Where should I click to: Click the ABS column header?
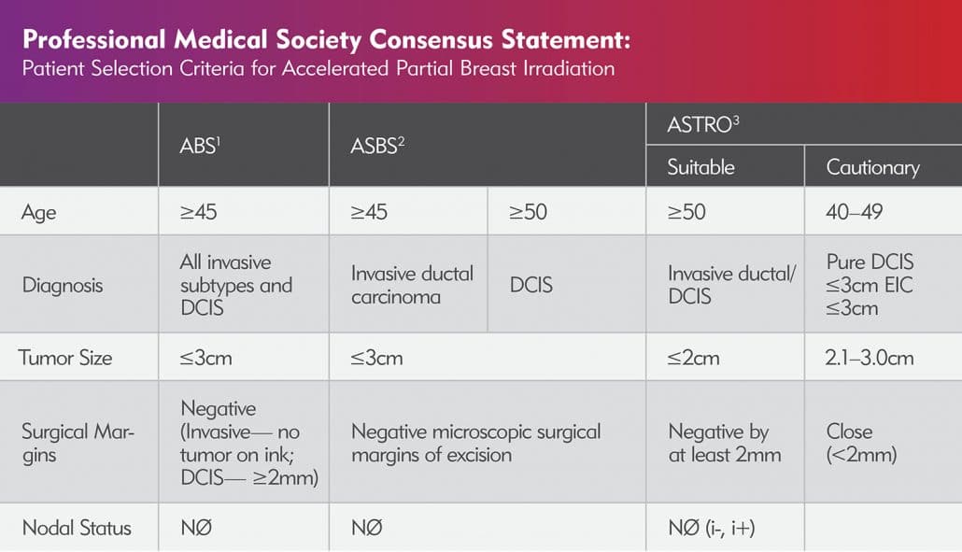pos(198,146)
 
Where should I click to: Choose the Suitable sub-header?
pos(700,167)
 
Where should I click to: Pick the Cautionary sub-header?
pos(872,168)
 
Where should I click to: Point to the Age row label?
pos(39,212)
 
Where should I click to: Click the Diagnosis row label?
pos(63,285)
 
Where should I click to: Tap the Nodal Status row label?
pos(77,528)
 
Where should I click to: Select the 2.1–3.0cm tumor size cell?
pos(870,357)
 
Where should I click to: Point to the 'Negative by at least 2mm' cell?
pos(725,443)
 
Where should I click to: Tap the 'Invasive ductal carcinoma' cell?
pos(412,285)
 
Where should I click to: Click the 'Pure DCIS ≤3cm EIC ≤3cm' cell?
pos(870,285)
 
